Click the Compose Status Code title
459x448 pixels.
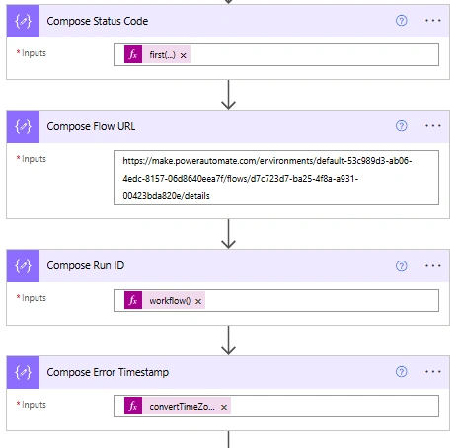98,21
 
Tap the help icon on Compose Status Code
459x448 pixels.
401,21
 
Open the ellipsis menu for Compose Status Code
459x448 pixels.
432,21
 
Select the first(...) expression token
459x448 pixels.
157,54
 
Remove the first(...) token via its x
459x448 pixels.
184,55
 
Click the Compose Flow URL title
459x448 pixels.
91,126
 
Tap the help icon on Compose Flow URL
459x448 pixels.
401,126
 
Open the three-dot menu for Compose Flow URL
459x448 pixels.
432,126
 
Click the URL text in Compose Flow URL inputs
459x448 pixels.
268,179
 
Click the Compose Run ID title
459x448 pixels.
86,265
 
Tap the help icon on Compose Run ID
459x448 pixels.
401,265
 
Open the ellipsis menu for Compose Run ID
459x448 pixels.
432,265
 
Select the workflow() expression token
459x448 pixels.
165,300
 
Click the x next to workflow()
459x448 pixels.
198,301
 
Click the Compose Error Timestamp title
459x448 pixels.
108,372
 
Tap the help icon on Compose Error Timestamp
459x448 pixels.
401,372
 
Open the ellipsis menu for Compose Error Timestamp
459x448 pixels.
432,372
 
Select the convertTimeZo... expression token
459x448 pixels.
178,406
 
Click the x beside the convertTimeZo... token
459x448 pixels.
224,408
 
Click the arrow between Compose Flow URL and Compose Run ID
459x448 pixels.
228,234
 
